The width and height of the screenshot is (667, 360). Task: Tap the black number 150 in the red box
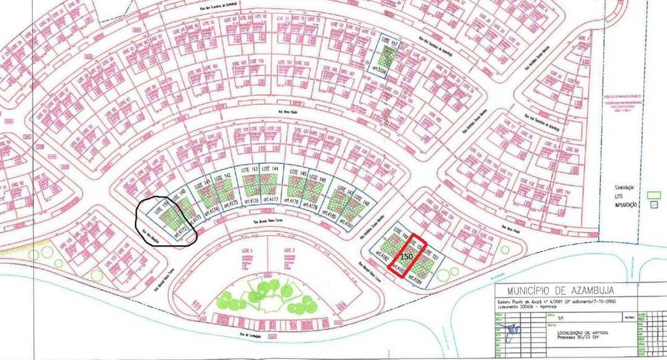(x=406, y=255)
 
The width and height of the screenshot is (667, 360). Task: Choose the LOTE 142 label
(x=227, y=175)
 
